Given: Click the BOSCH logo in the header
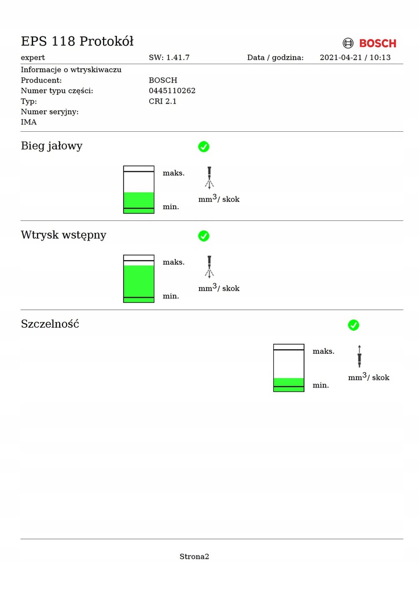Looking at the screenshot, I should [x=370, y=43].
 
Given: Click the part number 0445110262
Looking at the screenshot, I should [x=172, y=91].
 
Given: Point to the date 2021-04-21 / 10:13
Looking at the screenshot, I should [x=355, y=57].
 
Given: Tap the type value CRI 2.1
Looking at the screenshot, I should [x=163, y=101].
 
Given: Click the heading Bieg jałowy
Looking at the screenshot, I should [x=52, y=146].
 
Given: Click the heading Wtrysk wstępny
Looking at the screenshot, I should [x=64, y=235].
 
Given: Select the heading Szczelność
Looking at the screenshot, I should [x=50, y=324].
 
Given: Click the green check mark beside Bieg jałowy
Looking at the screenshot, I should [x=204, y=147].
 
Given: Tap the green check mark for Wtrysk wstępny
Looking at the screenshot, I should [x=204, y=236].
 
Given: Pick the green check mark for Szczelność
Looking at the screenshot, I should [x=354, y=325].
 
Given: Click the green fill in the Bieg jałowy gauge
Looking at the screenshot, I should [x=139, y=202].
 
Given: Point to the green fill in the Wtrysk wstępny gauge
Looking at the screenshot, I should [x=139, y=282].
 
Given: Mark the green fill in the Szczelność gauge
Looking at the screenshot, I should [x=289, y=384].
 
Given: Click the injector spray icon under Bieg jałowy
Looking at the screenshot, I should [x=209, y=177].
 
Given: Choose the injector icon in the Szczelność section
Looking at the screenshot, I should [x=359, y=356].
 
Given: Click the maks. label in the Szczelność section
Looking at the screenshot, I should [x=324, y=351].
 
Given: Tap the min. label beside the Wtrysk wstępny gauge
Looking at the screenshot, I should [x=171, y=296].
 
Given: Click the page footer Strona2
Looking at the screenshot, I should [x=194, y=557].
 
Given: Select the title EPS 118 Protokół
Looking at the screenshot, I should [x=78, y=41].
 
